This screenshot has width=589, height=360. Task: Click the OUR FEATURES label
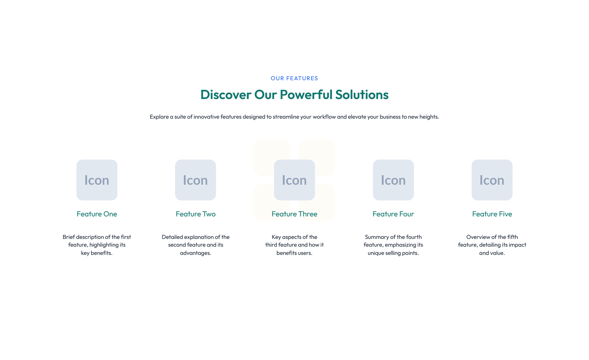(294, 78)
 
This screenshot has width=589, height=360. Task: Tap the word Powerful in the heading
(306, 95)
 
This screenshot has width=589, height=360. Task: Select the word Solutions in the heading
(362, 95)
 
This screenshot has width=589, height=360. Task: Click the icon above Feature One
(97, 180)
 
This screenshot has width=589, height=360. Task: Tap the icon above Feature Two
(195, 180)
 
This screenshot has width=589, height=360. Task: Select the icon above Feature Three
(294, 180)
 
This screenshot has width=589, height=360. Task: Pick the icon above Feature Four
(394, 180)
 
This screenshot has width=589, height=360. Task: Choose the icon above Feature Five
(492, 180)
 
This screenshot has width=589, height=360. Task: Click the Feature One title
(97, 214)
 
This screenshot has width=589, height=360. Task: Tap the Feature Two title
(195, 214)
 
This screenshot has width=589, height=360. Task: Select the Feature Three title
(294, 214)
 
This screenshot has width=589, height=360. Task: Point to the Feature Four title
(394, 214)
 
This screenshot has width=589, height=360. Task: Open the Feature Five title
(492, 214)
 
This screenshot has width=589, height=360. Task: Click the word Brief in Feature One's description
(68, 237)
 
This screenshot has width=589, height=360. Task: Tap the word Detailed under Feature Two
(172, 237)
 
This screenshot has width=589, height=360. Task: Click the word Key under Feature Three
(276, 237)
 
